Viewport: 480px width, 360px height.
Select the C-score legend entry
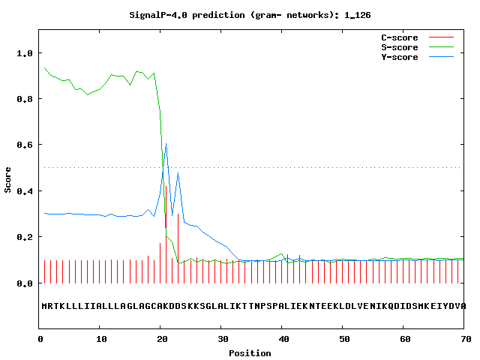pos(399,37)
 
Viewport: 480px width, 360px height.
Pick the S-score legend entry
pos(399,47)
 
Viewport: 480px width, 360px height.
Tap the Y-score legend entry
pos(399,57)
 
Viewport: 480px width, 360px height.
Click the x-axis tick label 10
pos(100,340)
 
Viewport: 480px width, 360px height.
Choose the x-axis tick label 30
pos(222,340)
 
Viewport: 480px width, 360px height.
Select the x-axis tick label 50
pos(343,340)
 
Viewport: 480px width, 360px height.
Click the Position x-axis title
pos(250,352)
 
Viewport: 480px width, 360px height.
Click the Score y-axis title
pos(8,180)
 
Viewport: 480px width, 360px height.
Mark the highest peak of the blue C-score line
pos(166,144)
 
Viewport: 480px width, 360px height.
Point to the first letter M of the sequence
pos(45,306)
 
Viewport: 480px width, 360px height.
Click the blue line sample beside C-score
pos(442,37)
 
